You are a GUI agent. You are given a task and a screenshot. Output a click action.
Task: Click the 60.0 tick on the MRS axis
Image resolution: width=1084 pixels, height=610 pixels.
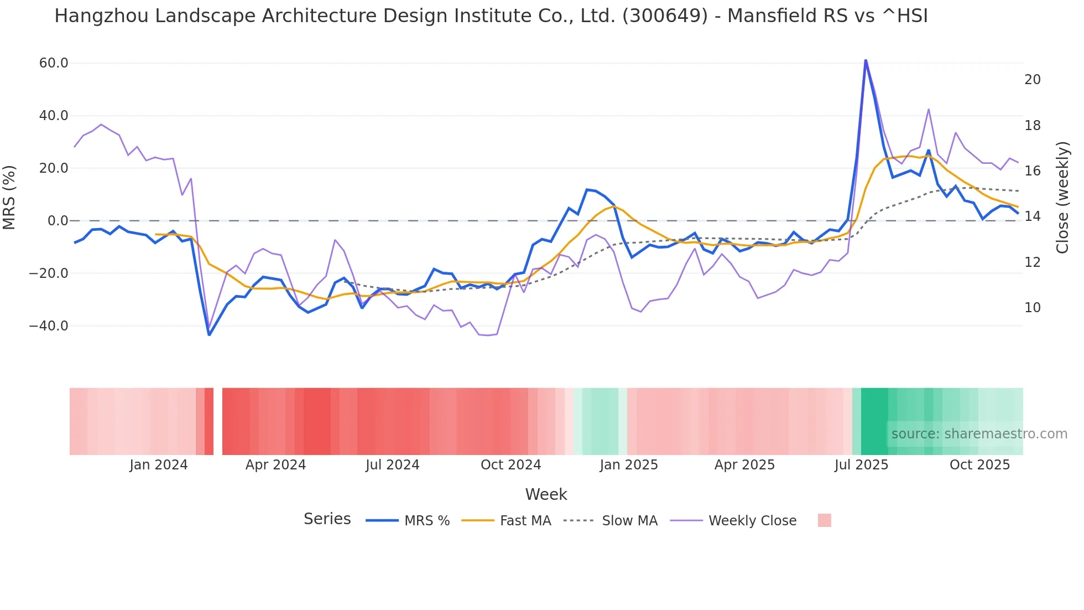(x=54, y=63)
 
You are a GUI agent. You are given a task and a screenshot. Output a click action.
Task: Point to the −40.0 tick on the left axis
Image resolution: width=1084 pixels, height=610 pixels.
(x=49, y=326)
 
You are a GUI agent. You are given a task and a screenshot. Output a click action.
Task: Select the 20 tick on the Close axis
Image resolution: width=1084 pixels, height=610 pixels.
(x=1033, y=80)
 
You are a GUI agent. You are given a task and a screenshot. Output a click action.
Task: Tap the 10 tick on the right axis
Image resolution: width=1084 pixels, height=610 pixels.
(x=1033, y=308)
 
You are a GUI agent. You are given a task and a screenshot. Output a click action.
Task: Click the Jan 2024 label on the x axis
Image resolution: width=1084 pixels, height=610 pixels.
(x=159, y=465)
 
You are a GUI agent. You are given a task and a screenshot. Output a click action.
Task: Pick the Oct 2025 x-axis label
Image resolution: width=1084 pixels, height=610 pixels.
(x=979, y=465)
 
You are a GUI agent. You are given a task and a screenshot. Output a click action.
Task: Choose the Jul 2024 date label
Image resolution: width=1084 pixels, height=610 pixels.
(x=392, y=465)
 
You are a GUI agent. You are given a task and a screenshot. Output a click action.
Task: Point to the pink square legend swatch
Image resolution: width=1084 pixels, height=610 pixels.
(x=824, y=520)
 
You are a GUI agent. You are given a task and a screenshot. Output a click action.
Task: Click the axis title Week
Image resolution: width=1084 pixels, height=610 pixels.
(x=546, y=494)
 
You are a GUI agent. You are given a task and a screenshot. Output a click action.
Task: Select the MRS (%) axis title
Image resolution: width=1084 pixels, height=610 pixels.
(x=9, y=198)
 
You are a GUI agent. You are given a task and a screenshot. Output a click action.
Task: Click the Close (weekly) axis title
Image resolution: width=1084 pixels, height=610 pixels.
(x=1062, y=198)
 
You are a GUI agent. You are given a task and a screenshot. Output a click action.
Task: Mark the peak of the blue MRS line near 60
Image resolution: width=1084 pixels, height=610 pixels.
(x=866, y=61)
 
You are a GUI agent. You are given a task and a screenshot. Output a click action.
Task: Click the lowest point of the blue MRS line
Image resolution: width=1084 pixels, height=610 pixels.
(x=209, y=334)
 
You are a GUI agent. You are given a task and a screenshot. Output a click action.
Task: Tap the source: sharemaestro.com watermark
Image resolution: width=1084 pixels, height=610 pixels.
(x=979, y=434)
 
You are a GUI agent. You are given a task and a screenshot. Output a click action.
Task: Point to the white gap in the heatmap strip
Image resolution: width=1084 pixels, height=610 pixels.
(x=218, y=421)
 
